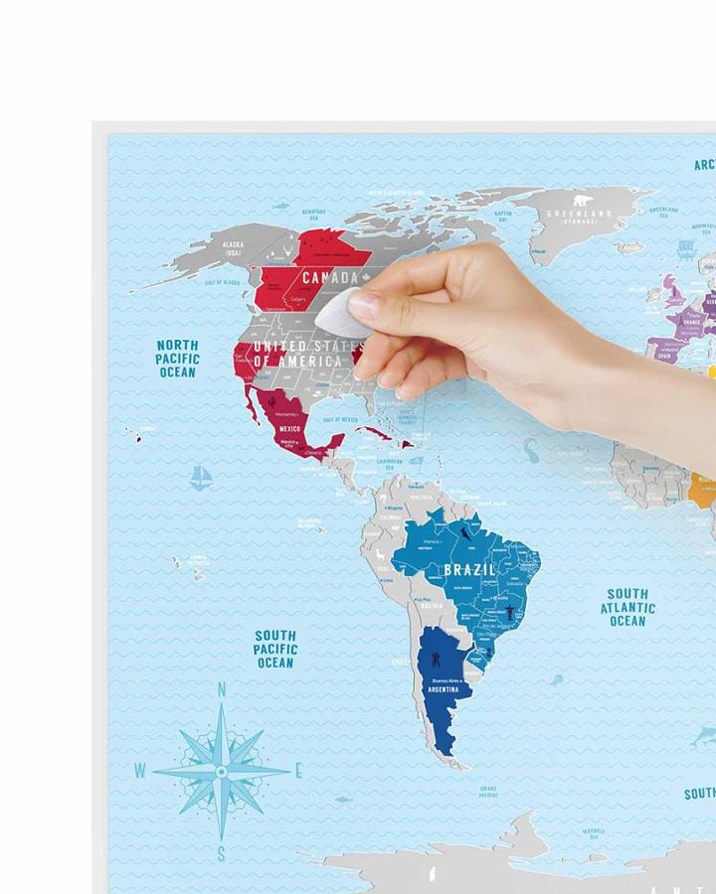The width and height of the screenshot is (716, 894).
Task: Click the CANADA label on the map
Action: click(x=329, y=277)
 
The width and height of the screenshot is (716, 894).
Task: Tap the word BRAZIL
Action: click(x=469, y=569)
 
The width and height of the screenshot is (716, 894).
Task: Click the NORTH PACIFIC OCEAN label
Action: click(x=178, y=359)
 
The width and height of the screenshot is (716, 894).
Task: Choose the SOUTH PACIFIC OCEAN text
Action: click(x=274, y=649)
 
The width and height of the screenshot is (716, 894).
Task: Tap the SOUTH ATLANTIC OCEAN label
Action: click(x=627, y=607)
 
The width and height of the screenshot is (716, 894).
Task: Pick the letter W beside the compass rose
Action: click(x=140, y=771)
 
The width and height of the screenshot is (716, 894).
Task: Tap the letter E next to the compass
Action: click(x=298, y=770)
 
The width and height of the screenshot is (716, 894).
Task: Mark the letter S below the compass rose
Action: click(x=221, y=852)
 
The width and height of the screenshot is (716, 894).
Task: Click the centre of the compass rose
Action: click(x=221, y=770)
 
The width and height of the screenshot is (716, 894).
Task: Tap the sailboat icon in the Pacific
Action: click(x=202, y=477)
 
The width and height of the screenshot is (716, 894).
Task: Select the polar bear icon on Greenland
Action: click(x=582, y=200)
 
